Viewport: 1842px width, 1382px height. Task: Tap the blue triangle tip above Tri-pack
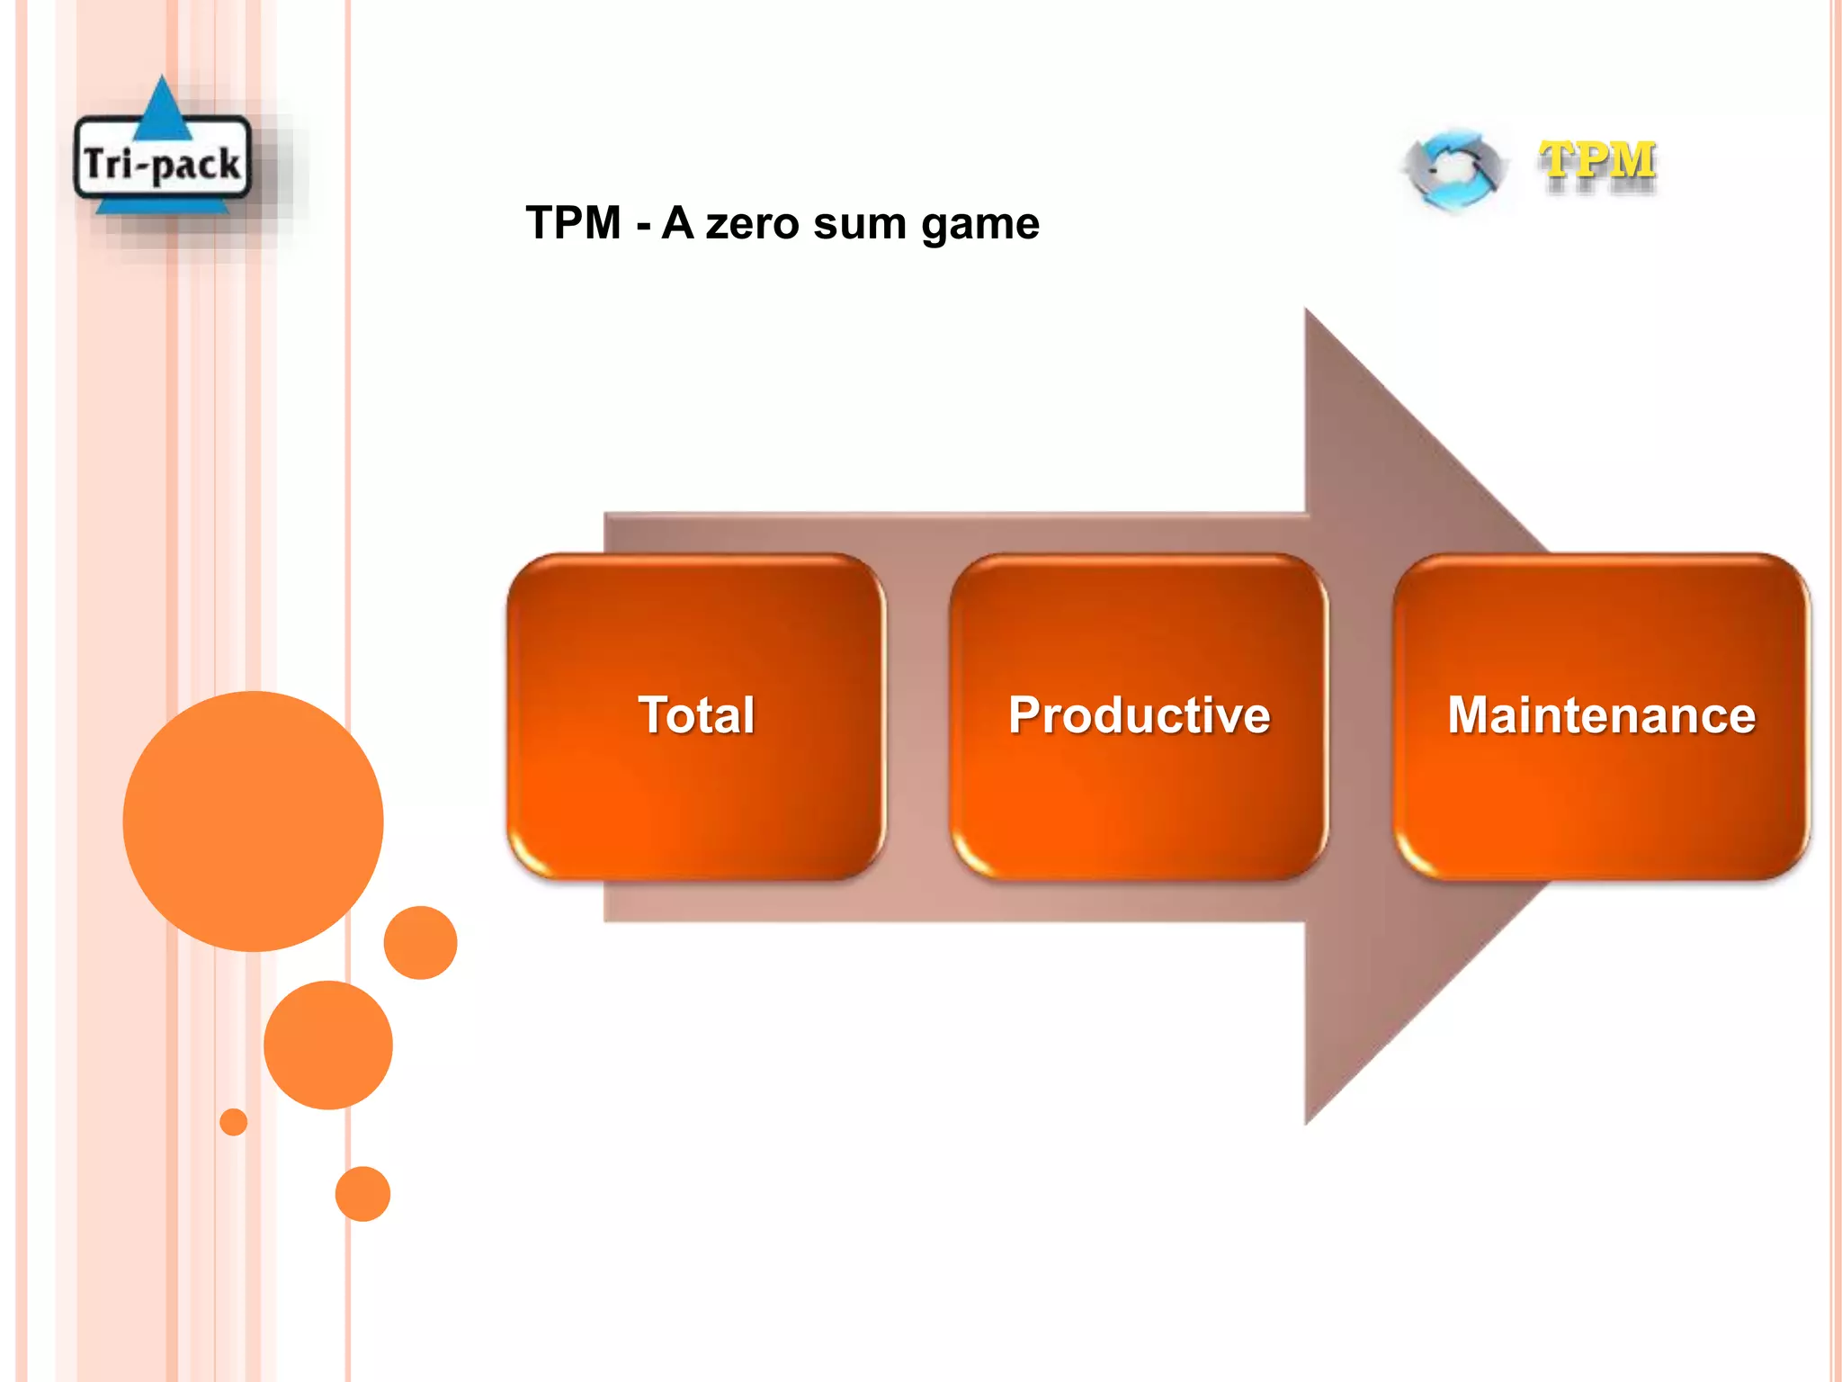pyautogui.click(x=162, y=86)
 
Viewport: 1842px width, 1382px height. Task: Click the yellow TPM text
pyautogui.click(x=1597, y=162)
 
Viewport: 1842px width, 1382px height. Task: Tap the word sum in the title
pyautogui.click(x=860, y=223)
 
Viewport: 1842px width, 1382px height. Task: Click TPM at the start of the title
pyautogui.click(x=574, y=223)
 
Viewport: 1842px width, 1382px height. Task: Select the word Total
pyautogui.click(x=696, y=715)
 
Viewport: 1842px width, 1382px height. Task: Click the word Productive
pyautogui.click(x=1139, y=715)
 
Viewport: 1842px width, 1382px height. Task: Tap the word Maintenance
pyautogui.click(x=1601, y=715)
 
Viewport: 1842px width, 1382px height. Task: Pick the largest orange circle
pyautogui.click(x=253, y=821)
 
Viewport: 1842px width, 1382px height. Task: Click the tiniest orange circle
pyautogui.click(x=234, y=1122)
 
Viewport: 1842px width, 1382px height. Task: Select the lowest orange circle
pyautogui.click(x=362, y=1194)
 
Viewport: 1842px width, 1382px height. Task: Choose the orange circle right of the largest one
pyautogui.click(x=420, y=942)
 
